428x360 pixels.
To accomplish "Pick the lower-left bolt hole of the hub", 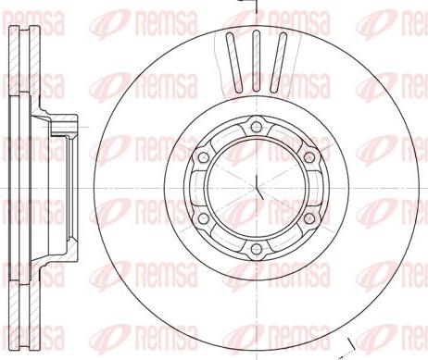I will [x=202, y=218].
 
